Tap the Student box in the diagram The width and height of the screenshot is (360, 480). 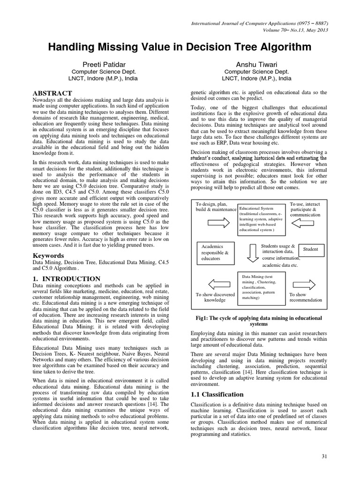(310, 249)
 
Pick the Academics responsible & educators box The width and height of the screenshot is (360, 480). (215, 252)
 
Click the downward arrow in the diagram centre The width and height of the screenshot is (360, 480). (252, 252)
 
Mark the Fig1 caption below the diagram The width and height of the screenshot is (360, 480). (258, 321)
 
